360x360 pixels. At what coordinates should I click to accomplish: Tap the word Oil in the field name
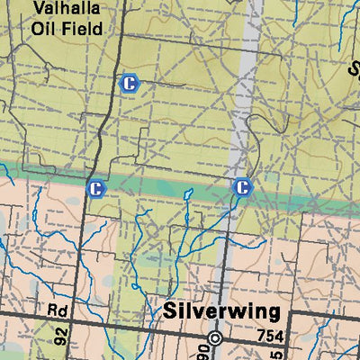point(44,28)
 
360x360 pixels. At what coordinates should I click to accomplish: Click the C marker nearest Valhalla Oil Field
point(130,84)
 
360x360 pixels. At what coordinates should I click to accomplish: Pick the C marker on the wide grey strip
point(241,187)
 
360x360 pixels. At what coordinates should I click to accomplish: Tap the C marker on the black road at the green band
point(95,188)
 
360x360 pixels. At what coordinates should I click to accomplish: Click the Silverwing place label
point(221,311)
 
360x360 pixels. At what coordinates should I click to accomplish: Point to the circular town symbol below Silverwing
point(215,338)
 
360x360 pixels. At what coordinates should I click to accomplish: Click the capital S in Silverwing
point(171,311)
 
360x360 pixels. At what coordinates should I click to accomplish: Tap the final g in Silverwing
point(272,314)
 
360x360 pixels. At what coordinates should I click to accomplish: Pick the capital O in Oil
point(38,28)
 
